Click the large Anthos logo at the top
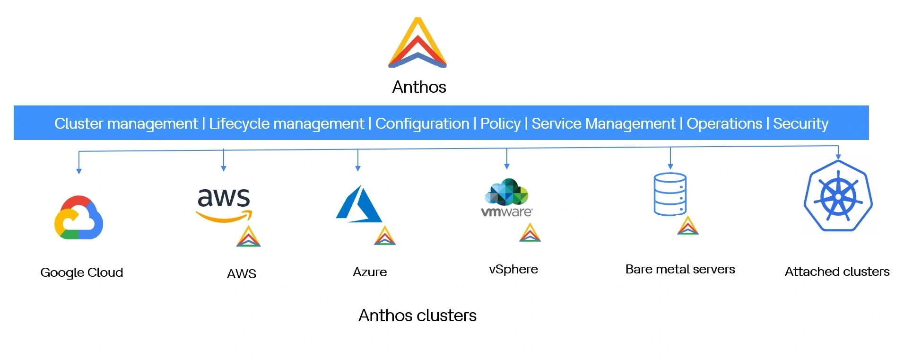pos(417,44)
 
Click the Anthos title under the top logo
pos(419,87)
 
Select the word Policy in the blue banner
pos(500,123)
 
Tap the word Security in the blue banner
pos(800,123)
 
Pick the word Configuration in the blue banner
pos(422,123)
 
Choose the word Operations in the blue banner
pos(724,123)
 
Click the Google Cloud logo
pos(79,218)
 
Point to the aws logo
pos(224,204)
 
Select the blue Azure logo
pos(359,204)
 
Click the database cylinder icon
pos(670,194)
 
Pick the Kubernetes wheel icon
pos(838,196)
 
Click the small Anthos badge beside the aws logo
pos(248,237)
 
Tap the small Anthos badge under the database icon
pos(687,226)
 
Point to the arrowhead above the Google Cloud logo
pos(79,171)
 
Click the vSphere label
pos(513,269)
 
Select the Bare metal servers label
pos(680,269)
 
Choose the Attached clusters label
pos(837,272)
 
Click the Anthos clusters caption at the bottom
pos(417,316)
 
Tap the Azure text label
pos(370,272)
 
